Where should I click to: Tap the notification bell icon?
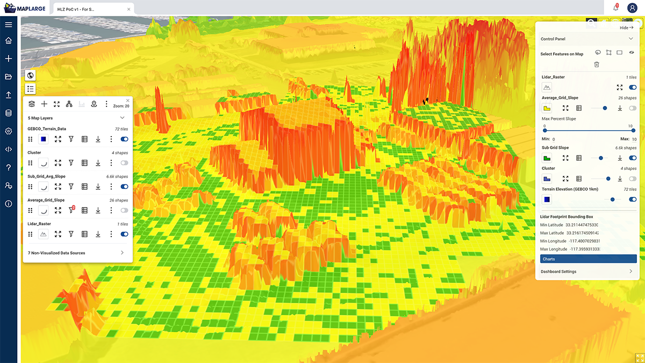(x=615, y=8)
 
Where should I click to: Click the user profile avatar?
(x=632, y=8)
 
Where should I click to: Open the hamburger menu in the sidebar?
(x=9, y=25)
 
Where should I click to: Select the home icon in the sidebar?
(x=9, y=41)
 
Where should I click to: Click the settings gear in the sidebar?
(x=9, y=131)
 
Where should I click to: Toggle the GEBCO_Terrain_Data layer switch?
(x=125, y=139)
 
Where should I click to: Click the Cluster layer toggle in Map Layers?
(x=125, y=162)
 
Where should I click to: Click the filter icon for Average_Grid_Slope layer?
(x=71, y=210)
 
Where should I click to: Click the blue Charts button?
(x=588, y=259)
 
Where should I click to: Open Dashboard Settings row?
(x=588, y=272)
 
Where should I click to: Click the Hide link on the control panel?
(x=626, y=27)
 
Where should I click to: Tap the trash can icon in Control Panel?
(x=597, y=65)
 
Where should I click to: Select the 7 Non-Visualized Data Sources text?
(x=56, y=253)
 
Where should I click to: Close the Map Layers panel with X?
(x=128, y=101)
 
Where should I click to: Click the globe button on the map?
(x=30, y=76)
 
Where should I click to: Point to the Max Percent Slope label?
(x=558, y=119)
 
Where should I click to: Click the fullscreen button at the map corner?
(x=639, y=358)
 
